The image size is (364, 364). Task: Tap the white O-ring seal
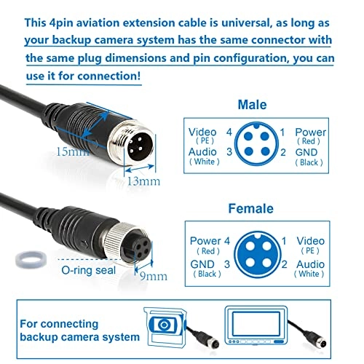point(27,260)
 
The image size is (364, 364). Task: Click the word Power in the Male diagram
point(312,132)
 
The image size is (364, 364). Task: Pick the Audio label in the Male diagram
point(203,151)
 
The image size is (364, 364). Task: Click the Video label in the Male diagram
point(202,132)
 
